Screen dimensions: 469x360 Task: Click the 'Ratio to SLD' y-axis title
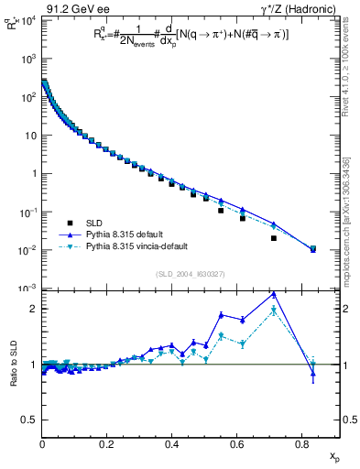click(x=13, y=365)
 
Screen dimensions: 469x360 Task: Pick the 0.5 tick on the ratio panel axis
click(x=33, y=420)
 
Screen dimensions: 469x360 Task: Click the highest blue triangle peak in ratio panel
click(x=274, y=294)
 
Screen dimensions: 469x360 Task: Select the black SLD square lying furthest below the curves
click(x=274, y=238)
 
